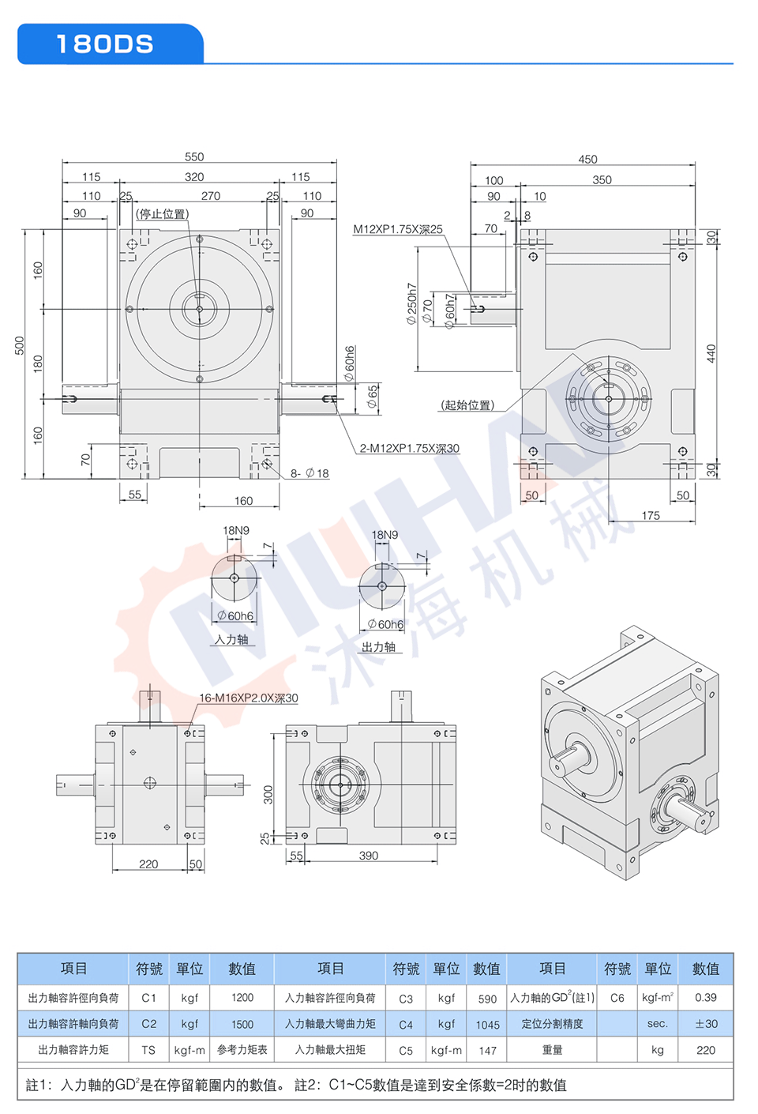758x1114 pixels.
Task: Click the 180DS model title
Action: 105,44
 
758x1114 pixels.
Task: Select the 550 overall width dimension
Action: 194,156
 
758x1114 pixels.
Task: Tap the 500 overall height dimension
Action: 20,345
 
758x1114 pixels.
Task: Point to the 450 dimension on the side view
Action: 587,159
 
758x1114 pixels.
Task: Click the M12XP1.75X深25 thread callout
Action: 398,229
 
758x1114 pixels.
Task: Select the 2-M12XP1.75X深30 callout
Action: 410,448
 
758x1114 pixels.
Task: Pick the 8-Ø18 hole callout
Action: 310,473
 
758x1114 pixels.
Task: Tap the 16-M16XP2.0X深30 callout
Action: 249,698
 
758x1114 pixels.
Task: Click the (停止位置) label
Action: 163,214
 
